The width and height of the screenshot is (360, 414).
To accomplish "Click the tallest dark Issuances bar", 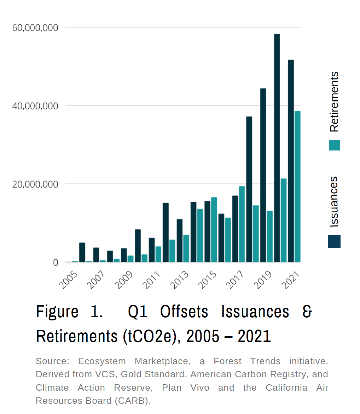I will [277, 148].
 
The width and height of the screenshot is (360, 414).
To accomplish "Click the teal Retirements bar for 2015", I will [214, 230].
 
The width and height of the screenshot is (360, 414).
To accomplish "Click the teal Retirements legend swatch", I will [334, 146].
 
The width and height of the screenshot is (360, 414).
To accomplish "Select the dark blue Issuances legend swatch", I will [334, 242].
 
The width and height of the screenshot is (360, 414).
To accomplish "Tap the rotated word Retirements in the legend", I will [334, 102].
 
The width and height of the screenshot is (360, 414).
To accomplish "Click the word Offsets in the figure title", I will [184, 312].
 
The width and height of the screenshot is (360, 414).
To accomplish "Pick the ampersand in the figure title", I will [307, 312].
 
